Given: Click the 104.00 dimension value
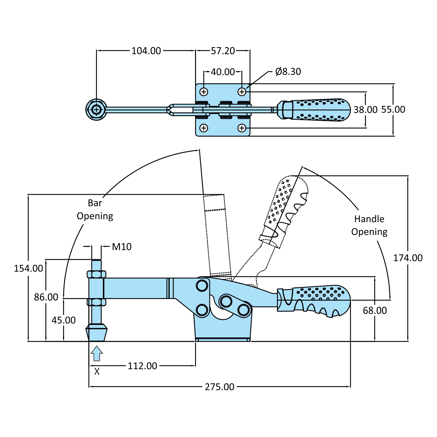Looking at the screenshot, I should click(x=146, y=51).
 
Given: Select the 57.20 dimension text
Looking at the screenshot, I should click(x=223, y=51).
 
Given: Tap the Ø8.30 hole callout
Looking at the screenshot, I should click(x=288, y=72).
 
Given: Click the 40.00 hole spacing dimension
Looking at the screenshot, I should click(x=223, y=72).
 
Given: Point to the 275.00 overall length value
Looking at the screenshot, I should click(x=220, y=387).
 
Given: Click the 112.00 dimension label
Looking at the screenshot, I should click(x=142, y=366).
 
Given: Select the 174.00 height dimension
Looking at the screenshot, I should click(x=408, y=258).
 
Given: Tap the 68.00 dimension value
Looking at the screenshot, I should click(x=375, y=311).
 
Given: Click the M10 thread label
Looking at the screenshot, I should click(x=122, y=247).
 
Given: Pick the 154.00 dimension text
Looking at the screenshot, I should click(x=29, y=268).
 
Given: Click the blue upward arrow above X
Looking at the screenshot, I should click(x=97, y=353).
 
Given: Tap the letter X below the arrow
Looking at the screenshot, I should click(x=97, y=371).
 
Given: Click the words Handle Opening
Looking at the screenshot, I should click(x=369, y=225).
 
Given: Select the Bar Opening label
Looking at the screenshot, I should click(x=95, y=209).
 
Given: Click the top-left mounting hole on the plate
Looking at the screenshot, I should click(x=204, y=92).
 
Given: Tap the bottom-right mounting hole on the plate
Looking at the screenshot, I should click(x=242, y=128).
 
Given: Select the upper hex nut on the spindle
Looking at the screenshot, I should click(x=96, y=274).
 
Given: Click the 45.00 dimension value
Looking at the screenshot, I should click(x=63, y=320).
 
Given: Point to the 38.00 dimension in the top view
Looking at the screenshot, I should click(x=365, y=110).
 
